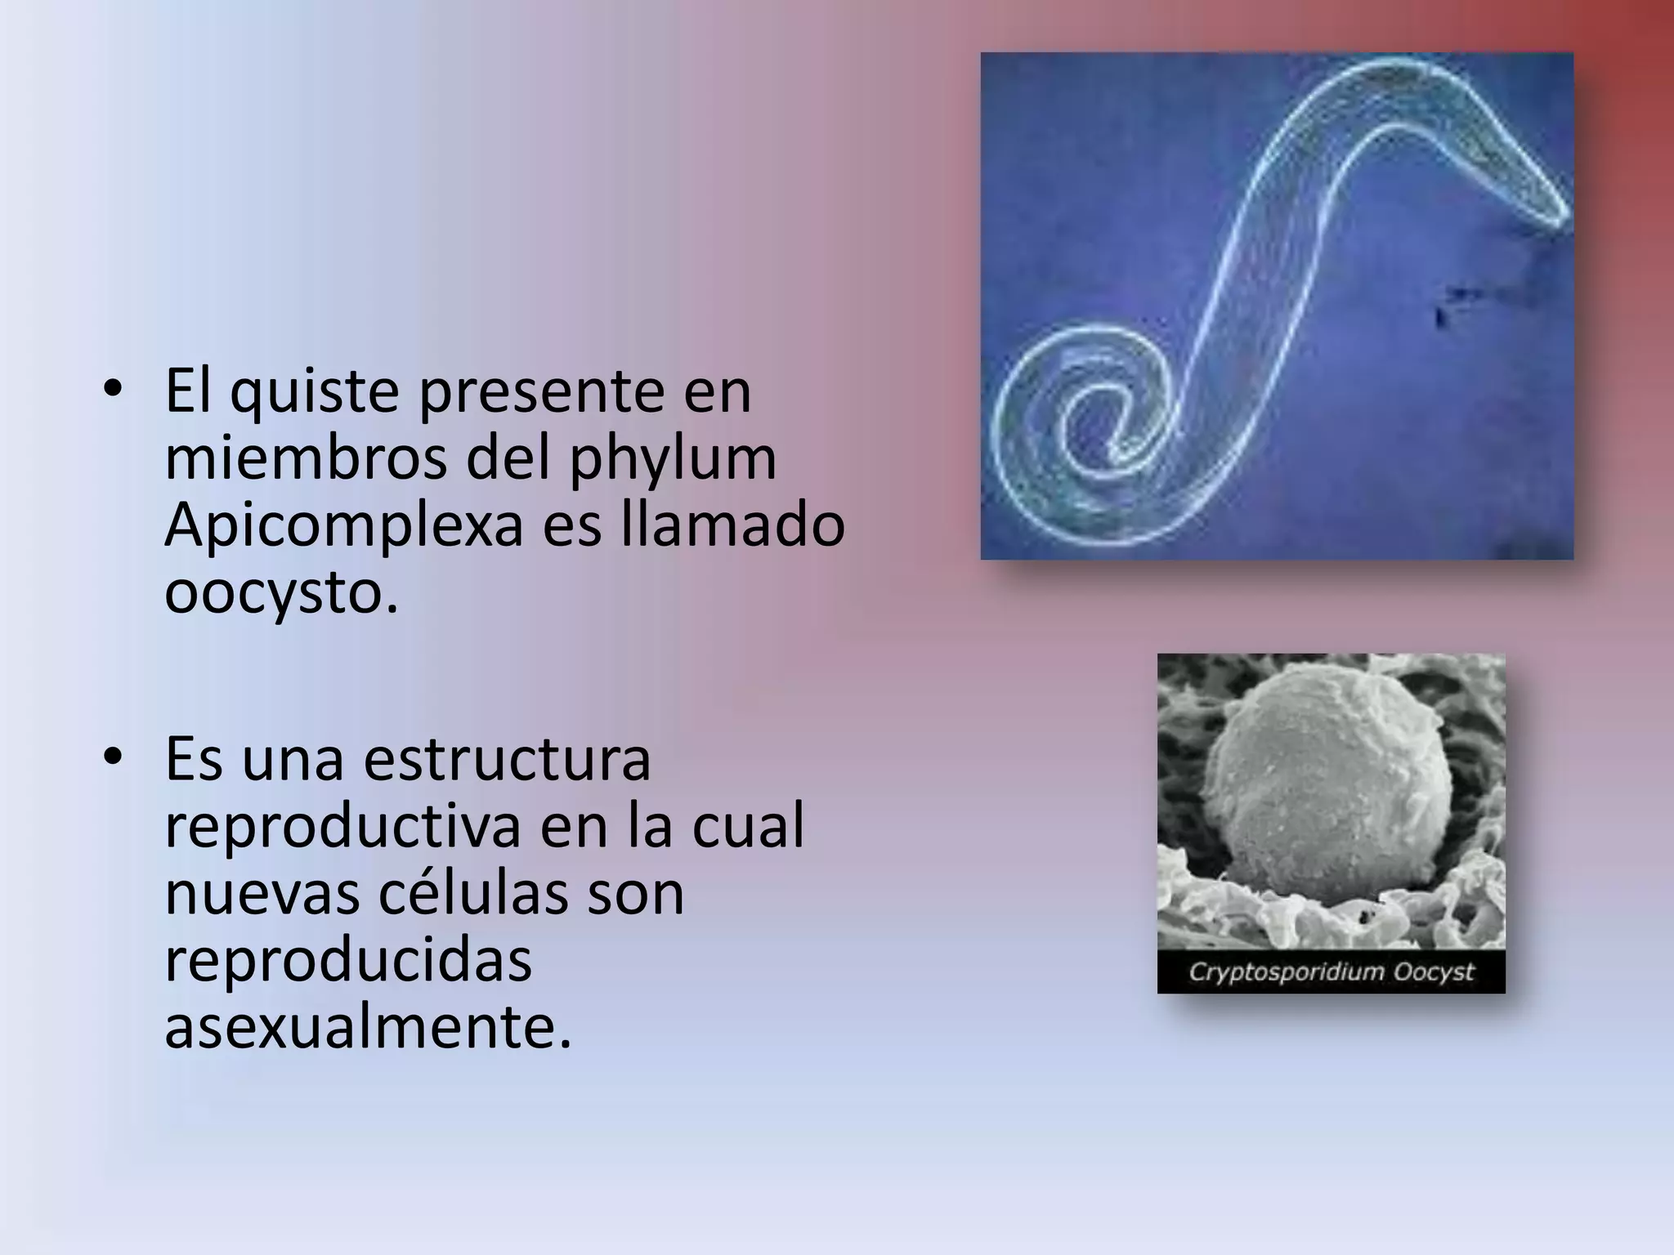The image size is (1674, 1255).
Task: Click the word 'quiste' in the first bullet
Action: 316,393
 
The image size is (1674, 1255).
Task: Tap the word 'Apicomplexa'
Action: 343,527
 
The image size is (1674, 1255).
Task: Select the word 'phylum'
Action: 673,460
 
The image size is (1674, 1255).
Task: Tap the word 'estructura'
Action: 507,760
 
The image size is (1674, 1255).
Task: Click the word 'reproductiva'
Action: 342,827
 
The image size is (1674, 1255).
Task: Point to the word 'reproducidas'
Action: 348,959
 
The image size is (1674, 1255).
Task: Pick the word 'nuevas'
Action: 262,893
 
